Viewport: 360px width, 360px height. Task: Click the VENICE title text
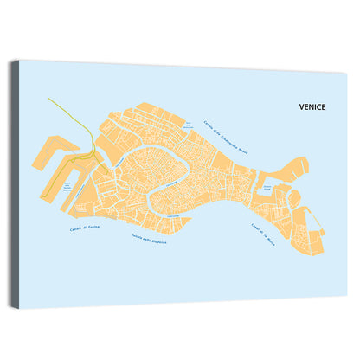coord(312,109)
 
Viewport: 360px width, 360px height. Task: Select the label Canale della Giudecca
coord(149,239)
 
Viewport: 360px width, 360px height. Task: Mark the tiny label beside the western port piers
coord(66,186)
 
